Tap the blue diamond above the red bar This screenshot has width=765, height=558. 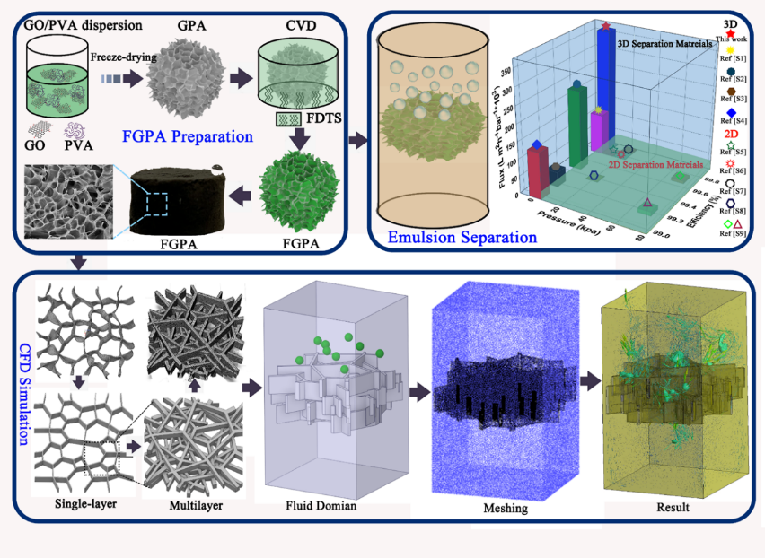click(537, 144)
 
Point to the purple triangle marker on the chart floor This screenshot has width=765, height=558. click(646, 202)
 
